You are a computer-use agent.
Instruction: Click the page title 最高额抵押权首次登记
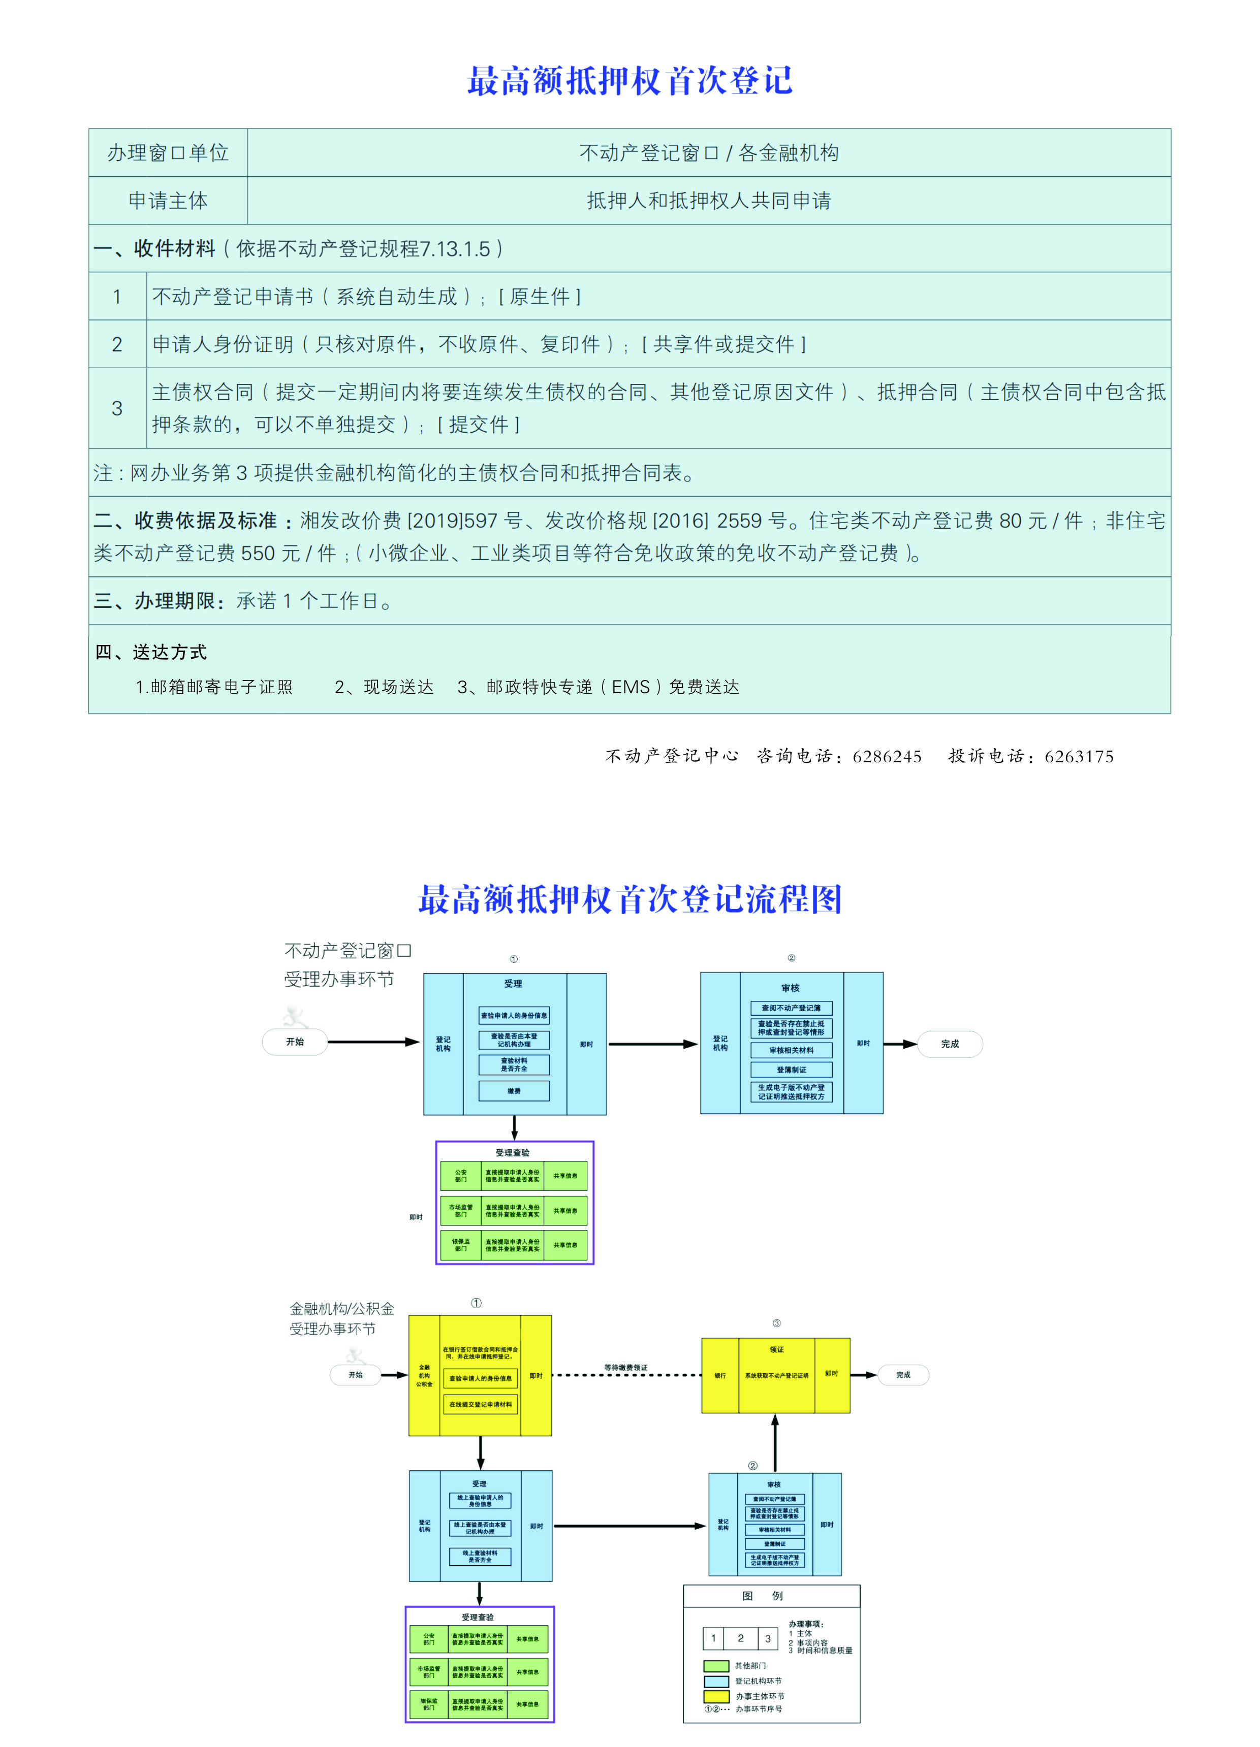click(x=629, y=81)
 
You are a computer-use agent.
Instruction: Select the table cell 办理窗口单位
click(x=168, y=152)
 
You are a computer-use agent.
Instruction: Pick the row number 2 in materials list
click(x=117, y=344)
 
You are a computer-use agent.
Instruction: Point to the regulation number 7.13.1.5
click(x=455, y=249)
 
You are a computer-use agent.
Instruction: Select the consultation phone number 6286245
click(x=887, y=756)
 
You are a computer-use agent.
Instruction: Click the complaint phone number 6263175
click(x=1079, y=756)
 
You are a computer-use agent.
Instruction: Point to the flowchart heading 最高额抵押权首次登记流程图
click(x=629, y=899)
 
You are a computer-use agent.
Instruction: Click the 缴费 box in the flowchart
click(x=514, y=1091)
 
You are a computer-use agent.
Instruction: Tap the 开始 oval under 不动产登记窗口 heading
click(x=295, y=1042)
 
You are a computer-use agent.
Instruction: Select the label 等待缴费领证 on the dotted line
click(x=626, y=1367)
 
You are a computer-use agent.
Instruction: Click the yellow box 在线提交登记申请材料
click(x=480, y=1404)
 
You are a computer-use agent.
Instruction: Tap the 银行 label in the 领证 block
click(x=720, y=1375)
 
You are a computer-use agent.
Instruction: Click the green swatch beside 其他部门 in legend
click(x=716, y=1665)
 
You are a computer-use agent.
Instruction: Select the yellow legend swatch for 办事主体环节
click(x=716, y=1696)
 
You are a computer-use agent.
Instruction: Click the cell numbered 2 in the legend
click(x=741, y=1638)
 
